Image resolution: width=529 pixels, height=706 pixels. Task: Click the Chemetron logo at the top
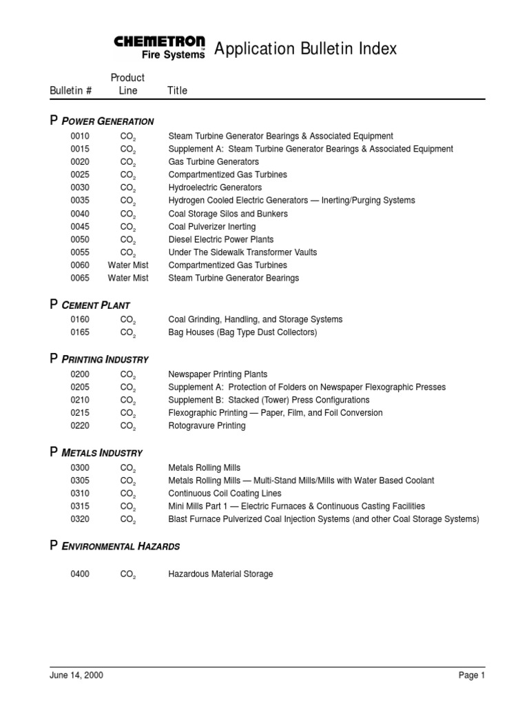[160, 48]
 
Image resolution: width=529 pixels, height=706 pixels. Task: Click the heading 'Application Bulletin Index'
[305, 49]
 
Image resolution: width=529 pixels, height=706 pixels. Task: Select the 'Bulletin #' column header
[71, 90]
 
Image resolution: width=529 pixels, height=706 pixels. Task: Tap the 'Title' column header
[177, 90]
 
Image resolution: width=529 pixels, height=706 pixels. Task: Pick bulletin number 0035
[80, 201]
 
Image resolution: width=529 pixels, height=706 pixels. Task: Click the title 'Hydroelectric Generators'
[215, 188]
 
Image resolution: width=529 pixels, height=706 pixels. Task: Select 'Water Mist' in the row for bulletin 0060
[128, 265]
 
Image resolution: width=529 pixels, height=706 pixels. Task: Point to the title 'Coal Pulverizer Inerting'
[212, 227]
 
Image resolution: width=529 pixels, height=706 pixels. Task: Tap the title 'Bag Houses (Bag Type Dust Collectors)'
[242, 332]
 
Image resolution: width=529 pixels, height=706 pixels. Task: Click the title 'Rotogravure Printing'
[207, 426]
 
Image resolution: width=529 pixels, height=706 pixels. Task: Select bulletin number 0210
[80, 400]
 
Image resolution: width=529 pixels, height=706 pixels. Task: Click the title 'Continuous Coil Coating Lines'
[225, 494]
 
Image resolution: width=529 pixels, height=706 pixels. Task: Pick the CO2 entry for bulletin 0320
[128, 520]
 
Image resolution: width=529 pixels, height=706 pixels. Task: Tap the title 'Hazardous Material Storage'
[220, 574]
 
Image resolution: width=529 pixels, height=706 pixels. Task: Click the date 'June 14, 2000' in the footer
[76, 676]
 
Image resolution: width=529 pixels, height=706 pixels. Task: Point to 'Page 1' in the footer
[472, 676]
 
